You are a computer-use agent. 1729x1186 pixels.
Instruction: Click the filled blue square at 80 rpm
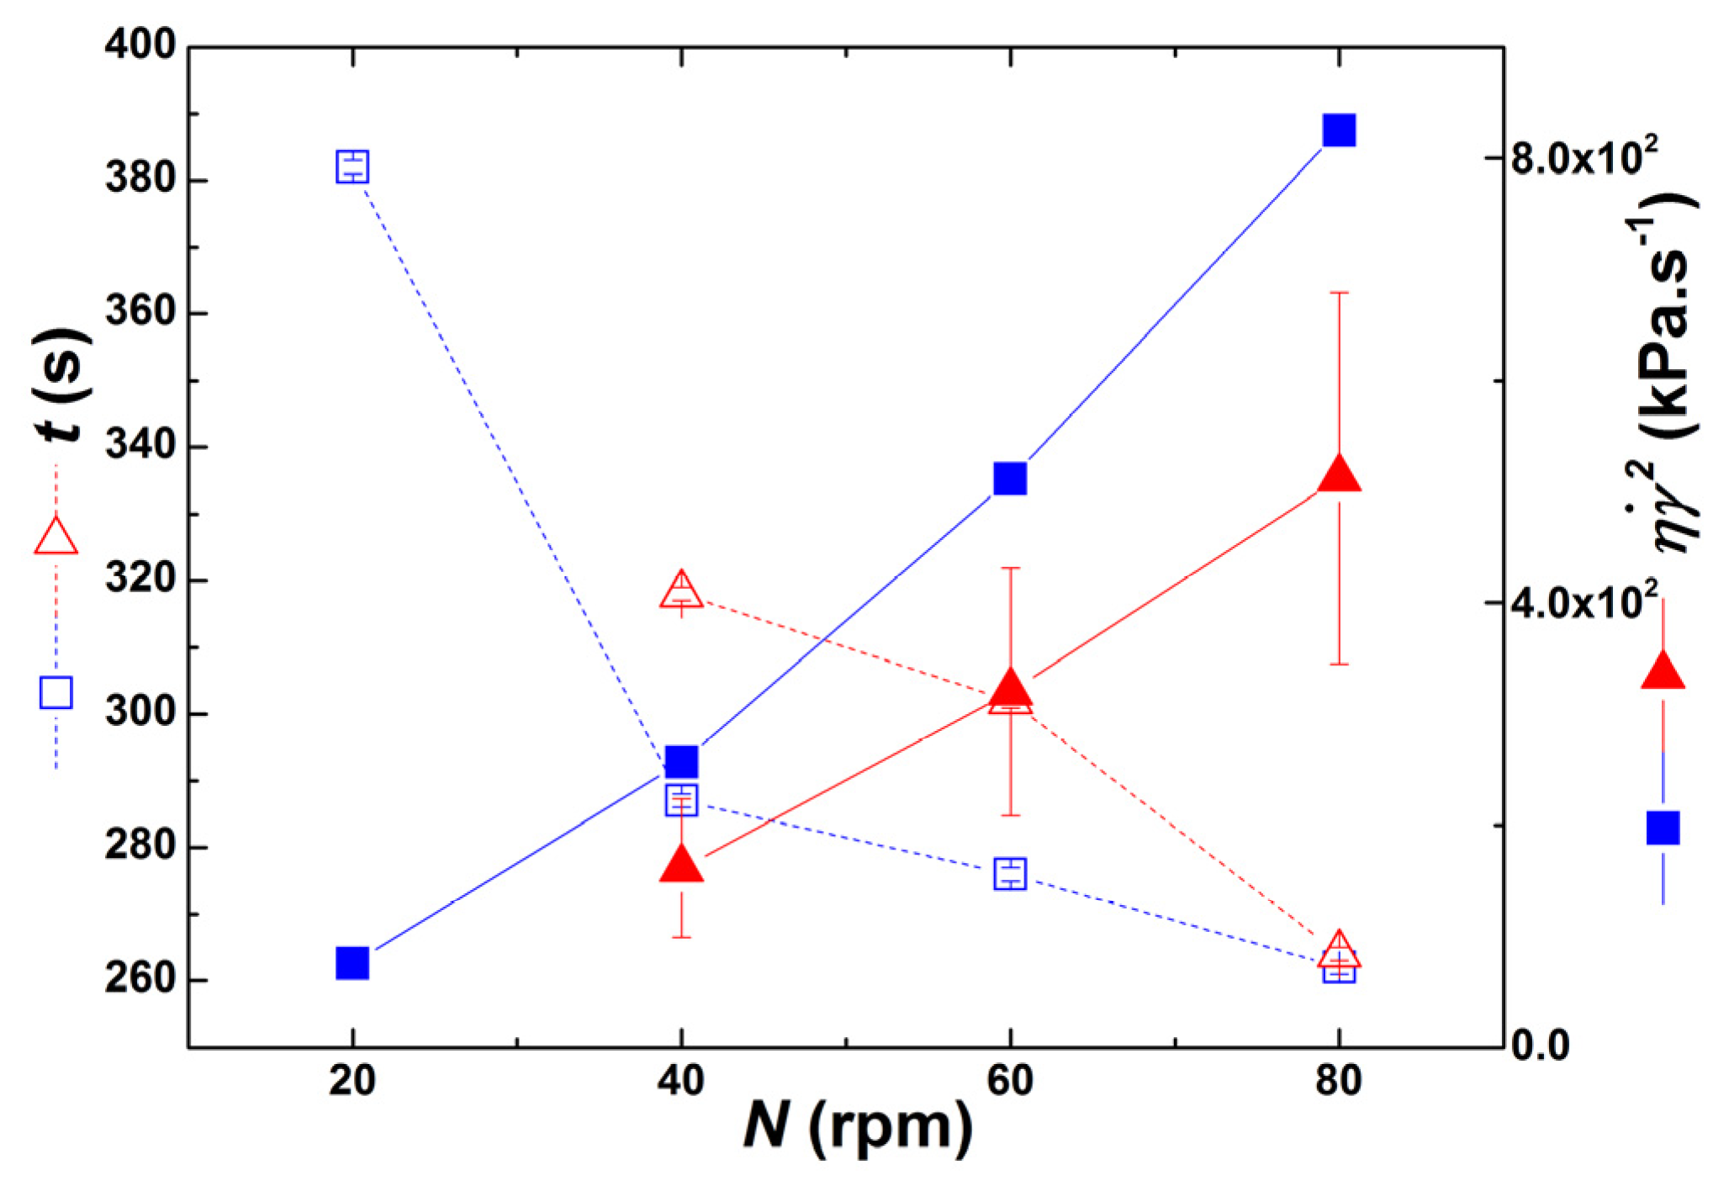(x=1338, y=130)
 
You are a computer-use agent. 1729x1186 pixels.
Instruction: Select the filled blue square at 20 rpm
(x=352, y=963)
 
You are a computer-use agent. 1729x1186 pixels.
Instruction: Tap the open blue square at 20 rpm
(x=352, y=166)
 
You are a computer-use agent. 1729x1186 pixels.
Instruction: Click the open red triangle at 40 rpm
(x=681, y=590)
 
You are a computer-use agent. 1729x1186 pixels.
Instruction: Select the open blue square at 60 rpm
(x=1009, y=874)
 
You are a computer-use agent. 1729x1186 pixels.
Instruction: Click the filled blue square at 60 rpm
(x=1009, y=479)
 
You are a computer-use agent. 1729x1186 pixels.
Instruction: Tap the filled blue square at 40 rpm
(x=681, y=761)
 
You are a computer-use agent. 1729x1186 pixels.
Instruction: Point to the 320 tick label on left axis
(x=140, y=580)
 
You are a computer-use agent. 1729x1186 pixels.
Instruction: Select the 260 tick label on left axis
(x=140, y=981)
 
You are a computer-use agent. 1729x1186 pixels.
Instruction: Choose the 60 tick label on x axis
(x=1009, y=1081)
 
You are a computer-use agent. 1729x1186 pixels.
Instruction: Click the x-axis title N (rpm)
(x=858, y=1126)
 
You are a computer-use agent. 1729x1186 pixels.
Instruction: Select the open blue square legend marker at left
(x=56, y=692)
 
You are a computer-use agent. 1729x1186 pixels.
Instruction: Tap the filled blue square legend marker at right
(x=1663, y=828)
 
